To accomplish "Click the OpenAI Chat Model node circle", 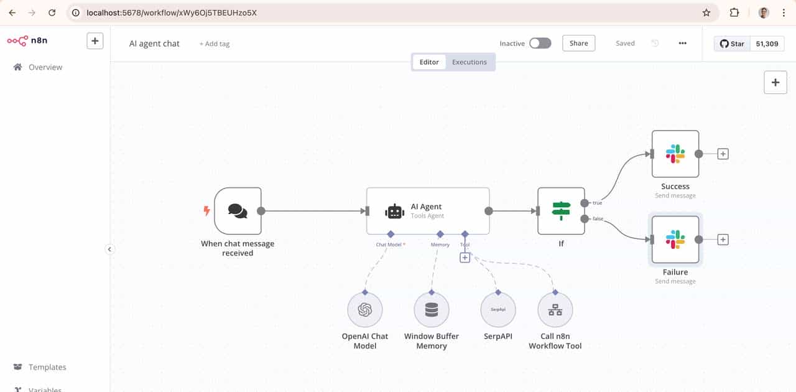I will (364, 309).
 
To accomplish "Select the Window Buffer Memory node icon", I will (432, 309).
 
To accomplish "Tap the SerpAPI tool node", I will (498, 309).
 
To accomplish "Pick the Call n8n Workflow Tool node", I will (555, 309).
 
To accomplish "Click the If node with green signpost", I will (561, 211).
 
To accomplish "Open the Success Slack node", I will (675, 154).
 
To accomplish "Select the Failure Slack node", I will (675, 240).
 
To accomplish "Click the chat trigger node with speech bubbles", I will (238, 211).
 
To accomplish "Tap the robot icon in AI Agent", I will (395, 212).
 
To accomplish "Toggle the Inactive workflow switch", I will (540, 43).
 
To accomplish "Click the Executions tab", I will (469, 62).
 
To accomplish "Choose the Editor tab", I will (429, 62).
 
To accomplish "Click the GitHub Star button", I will (732, 44).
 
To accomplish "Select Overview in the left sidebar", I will (45, 67).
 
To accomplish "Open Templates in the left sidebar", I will (47, 367).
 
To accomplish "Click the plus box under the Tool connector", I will (465, 258).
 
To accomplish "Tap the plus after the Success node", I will (723, 154).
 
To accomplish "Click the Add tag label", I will (215, 44).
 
